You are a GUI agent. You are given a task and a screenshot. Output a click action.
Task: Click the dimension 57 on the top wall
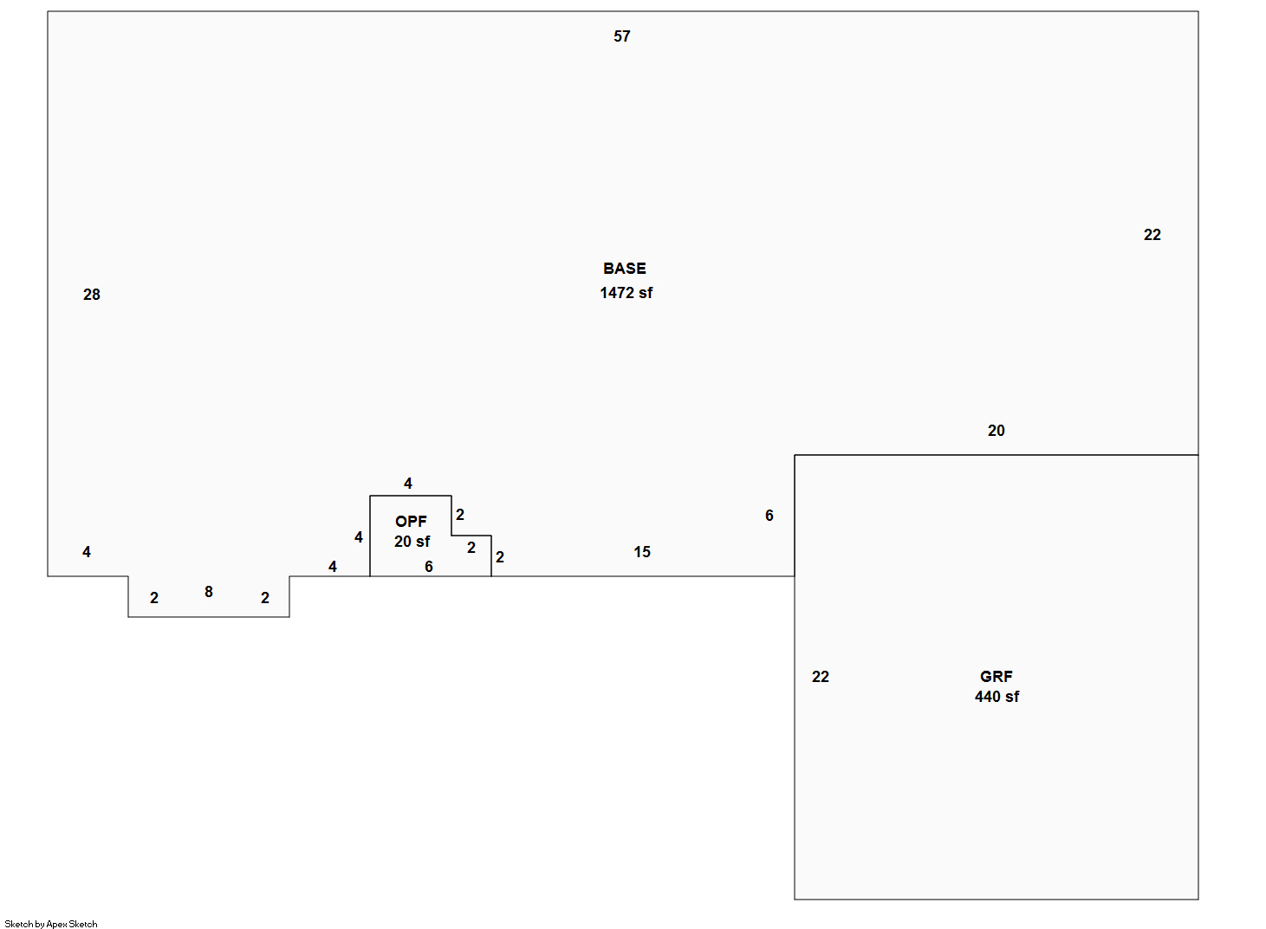(622, 36)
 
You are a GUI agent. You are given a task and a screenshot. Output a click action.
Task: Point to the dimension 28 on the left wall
(92, 295)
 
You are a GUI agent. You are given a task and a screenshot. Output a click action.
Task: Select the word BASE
(625, 269)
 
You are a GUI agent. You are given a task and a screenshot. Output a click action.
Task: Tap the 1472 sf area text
(626, 293)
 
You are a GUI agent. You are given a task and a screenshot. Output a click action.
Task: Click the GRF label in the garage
(997, 677)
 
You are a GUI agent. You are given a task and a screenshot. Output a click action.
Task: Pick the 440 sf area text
(997, 697)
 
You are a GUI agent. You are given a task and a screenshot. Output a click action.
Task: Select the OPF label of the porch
(411, 522)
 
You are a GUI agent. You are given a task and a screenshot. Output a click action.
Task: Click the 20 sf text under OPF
(412, 542)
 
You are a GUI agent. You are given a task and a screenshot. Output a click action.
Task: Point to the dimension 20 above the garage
(997, 431)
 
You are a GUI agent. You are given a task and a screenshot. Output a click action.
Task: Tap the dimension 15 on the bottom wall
(642, 552)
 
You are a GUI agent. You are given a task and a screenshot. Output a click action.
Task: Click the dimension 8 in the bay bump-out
(209, 592)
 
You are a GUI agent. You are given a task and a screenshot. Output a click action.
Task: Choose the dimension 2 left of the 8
(154, 598)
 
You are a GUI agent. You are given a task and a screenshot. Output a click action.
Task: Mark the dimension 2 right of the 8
(265, 598)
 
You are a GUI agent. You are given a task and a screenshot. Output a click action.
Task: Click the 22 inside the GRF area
(821, 677)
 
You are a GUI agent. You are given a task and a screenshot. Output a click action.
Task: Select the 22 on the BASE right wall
(1152, 235)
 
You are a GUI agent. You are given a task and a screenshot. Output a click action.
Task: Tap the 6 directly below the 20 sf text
(429, 567)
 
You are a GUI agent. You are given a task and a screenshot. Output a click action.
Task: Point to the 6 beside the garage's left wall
(769, 516)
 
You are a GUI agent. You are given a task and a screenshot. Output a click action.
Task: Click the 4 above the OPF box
(408, 484)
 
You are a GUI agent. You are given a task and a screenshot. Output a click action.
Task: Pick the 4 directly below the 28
(87, 552)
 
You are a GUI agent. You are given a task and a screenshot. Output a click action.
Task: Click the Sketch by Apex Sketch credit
(51, 924)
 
